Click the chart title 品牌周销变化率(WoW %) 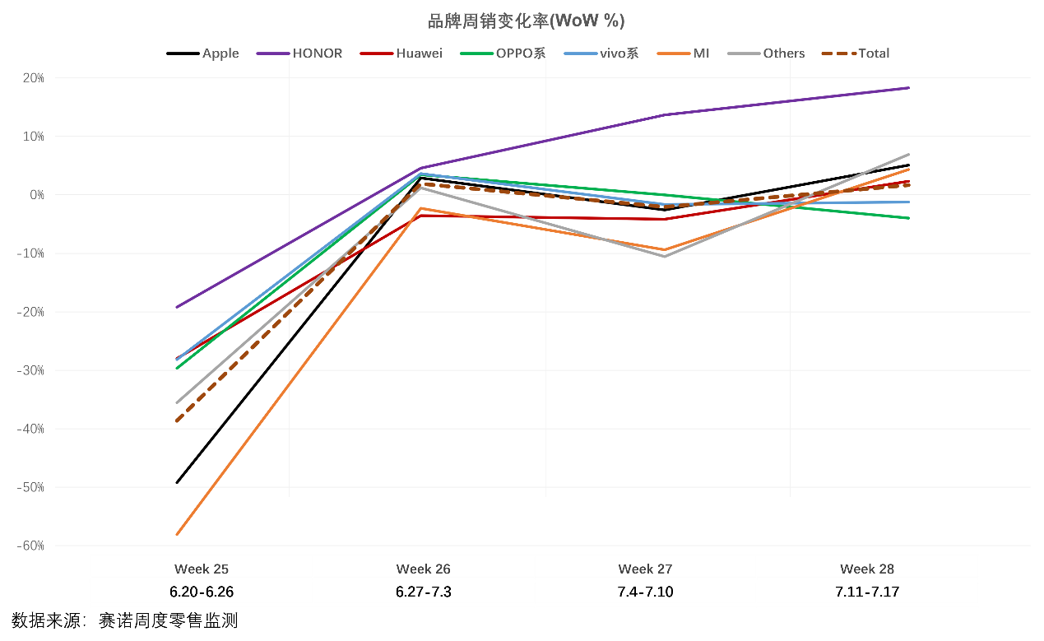(521, 21)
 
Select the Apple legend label (220, 53)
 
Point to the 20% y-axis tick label (33, 78)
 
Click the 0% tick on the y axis (36, 195)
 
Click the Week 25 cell (202, 569)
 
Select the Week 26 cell (424, 569)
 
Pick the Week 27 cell (646, 569)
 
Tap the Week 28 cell (867, 569)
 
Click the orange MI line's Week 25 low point (177, 535)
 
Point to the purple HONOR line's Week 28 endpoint (908, 87)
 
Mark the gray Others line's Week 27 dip (664, 256)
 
